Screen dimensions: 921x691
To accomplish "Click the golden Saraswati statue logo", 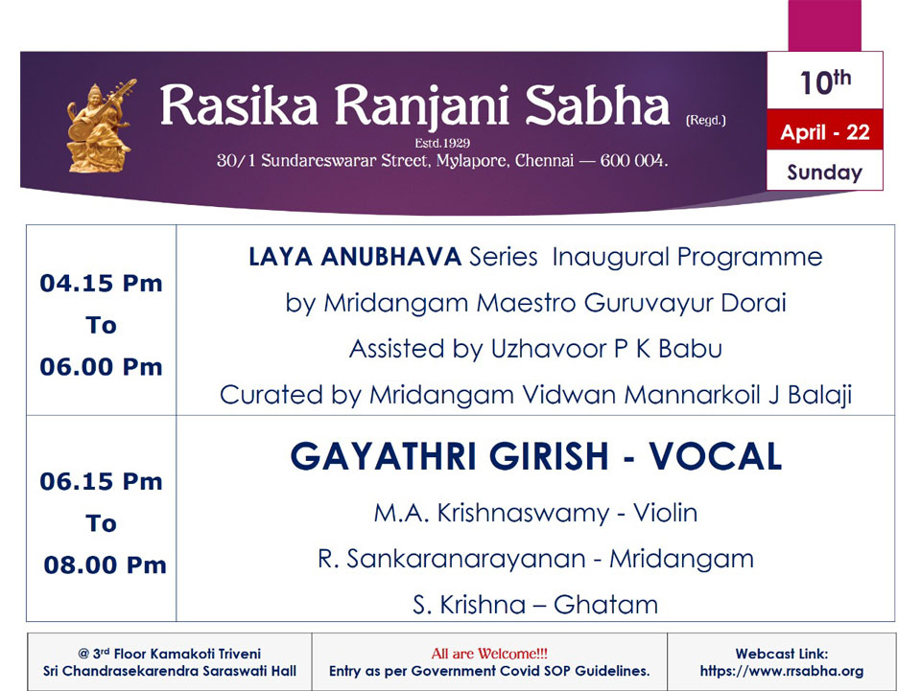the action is [x=101, y=126].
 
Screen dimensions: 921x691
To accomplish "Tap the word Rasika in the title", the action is [x=239, y=105].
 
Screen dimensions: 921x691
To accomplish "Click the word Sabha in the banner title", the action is [x=597, y=105].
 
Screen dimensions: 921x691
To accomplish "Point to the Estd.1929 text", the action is [x=442, y=143].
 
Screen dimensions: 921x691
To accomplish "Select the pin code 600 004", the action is [x=634, y=160].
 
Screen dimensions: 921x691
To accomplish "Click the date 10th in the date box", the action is [x=825, y=81].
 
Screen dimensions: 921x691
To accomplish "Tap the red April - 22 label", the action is [x=825, y=132].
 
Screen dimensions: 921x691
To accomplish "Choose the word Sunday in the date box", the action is [x=825, y=172].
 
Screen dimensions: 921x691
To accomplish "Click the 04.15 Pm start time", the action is [x=101, y=284].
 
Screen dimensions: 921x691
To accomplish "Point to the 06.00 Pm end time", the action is [x=101, y=367].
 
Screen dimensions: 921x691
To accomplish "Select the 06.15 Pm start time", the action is [x=101, y=481].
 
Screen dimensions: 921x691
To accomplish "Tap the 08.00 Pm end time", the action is [x=106, y=565].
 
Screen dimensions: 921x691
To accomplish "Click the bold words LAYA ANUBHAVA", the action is [x=355, y=257].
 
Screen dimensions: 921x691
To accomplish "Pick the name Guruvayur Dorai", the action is [x=685, y=303].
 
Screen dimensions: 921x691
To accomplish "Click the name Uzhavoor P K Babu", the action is [x=606, y=349].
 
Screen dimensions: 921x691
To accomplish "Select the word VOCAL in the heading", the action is [x=716, y=456].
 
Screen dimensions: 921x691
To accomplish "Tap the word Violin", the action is [x=665, y=513].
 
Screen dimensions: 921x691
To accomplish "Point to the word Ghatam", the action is [x=605, y=605].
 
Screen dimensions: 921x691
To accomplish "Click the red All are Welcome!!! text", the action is [x=489, y=654].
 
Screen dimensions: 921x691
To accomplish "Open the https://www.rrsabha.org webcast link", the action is [x=781, y=671].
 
